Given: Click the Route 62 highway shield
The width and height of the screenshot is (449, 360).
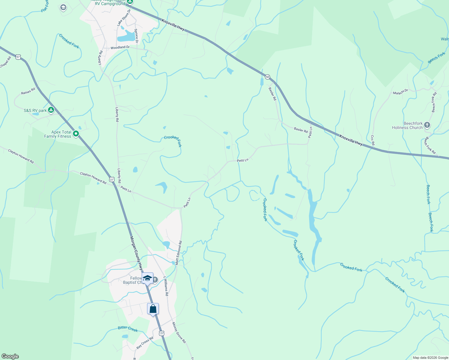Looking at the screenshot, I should [267, 77].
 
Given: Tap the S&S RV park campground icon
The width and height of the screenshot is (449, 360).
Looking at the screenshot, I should [51, 110].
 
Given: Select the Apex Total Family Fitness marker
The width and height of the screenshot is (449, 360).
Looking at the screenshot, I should [76, 134].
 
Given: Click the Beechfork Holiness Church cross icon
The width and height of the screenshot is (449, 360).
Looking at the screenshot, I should [427, 125].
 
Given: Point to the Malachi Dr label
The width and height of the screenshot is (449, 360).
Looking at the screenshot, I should [400, 91].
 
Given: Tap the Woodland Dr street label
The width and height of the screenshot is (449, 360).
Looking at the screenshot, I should [120, 47].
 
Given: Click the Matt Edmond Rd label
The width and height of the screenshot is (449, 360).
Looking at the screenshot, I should [179, 253].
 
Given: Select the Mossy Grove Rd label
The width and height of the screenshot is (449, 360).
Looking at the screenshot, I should [179, 332].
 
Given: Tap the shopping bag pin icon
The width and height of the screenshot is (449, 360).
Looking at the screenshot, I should [153, 309].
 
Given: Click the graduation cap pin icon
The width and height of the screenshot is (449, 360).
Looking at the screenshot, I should [147, 278].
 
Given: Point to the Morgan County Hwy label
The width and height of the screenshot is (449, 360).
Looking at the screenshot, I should [137, 253].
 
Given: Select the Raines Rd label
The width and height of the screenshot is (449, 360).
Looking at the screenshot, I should [28, 91].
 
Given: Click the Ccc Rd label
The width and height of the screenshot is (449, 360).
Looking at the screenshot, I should [372, 140].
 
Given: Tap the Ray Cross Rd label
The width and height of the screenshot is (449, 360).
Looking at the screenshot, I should [145, 342].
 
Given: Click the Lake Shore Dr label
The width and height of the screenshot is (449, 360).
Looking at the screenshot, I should [124, 17].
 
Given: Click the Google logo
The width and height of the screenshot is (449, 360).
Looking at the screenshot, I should [10, 356].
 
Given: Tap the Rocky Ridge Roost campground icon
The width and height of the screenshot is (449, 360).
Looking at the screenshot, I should [130, 2].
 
